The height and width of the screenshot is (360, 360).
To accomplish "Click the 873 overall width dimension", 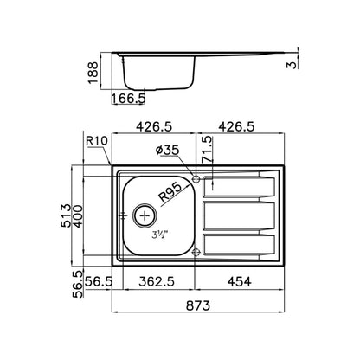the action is [198, 305].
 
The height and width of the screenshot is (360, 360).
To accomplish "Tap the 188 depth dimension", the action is [93, 73].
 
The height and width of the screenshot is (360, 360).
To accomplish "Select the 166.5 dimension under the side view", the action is [128, 99].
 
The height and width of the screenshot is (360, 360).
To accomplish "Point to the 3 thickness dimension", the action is [292, 65].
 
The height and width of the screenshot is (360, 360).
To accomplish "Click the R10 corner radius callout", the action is [97, 141].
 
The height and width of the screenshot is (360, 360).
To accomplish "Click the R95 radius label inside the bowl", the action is [170, 193].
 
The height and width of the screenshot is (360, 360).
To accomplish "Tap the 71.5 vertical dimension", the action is [207, 150].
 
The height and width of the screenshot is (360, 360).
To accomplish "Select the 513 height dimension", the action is [66, 215].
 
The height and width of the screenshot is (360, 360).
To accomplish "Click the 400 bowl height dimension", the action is [78, 216].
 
